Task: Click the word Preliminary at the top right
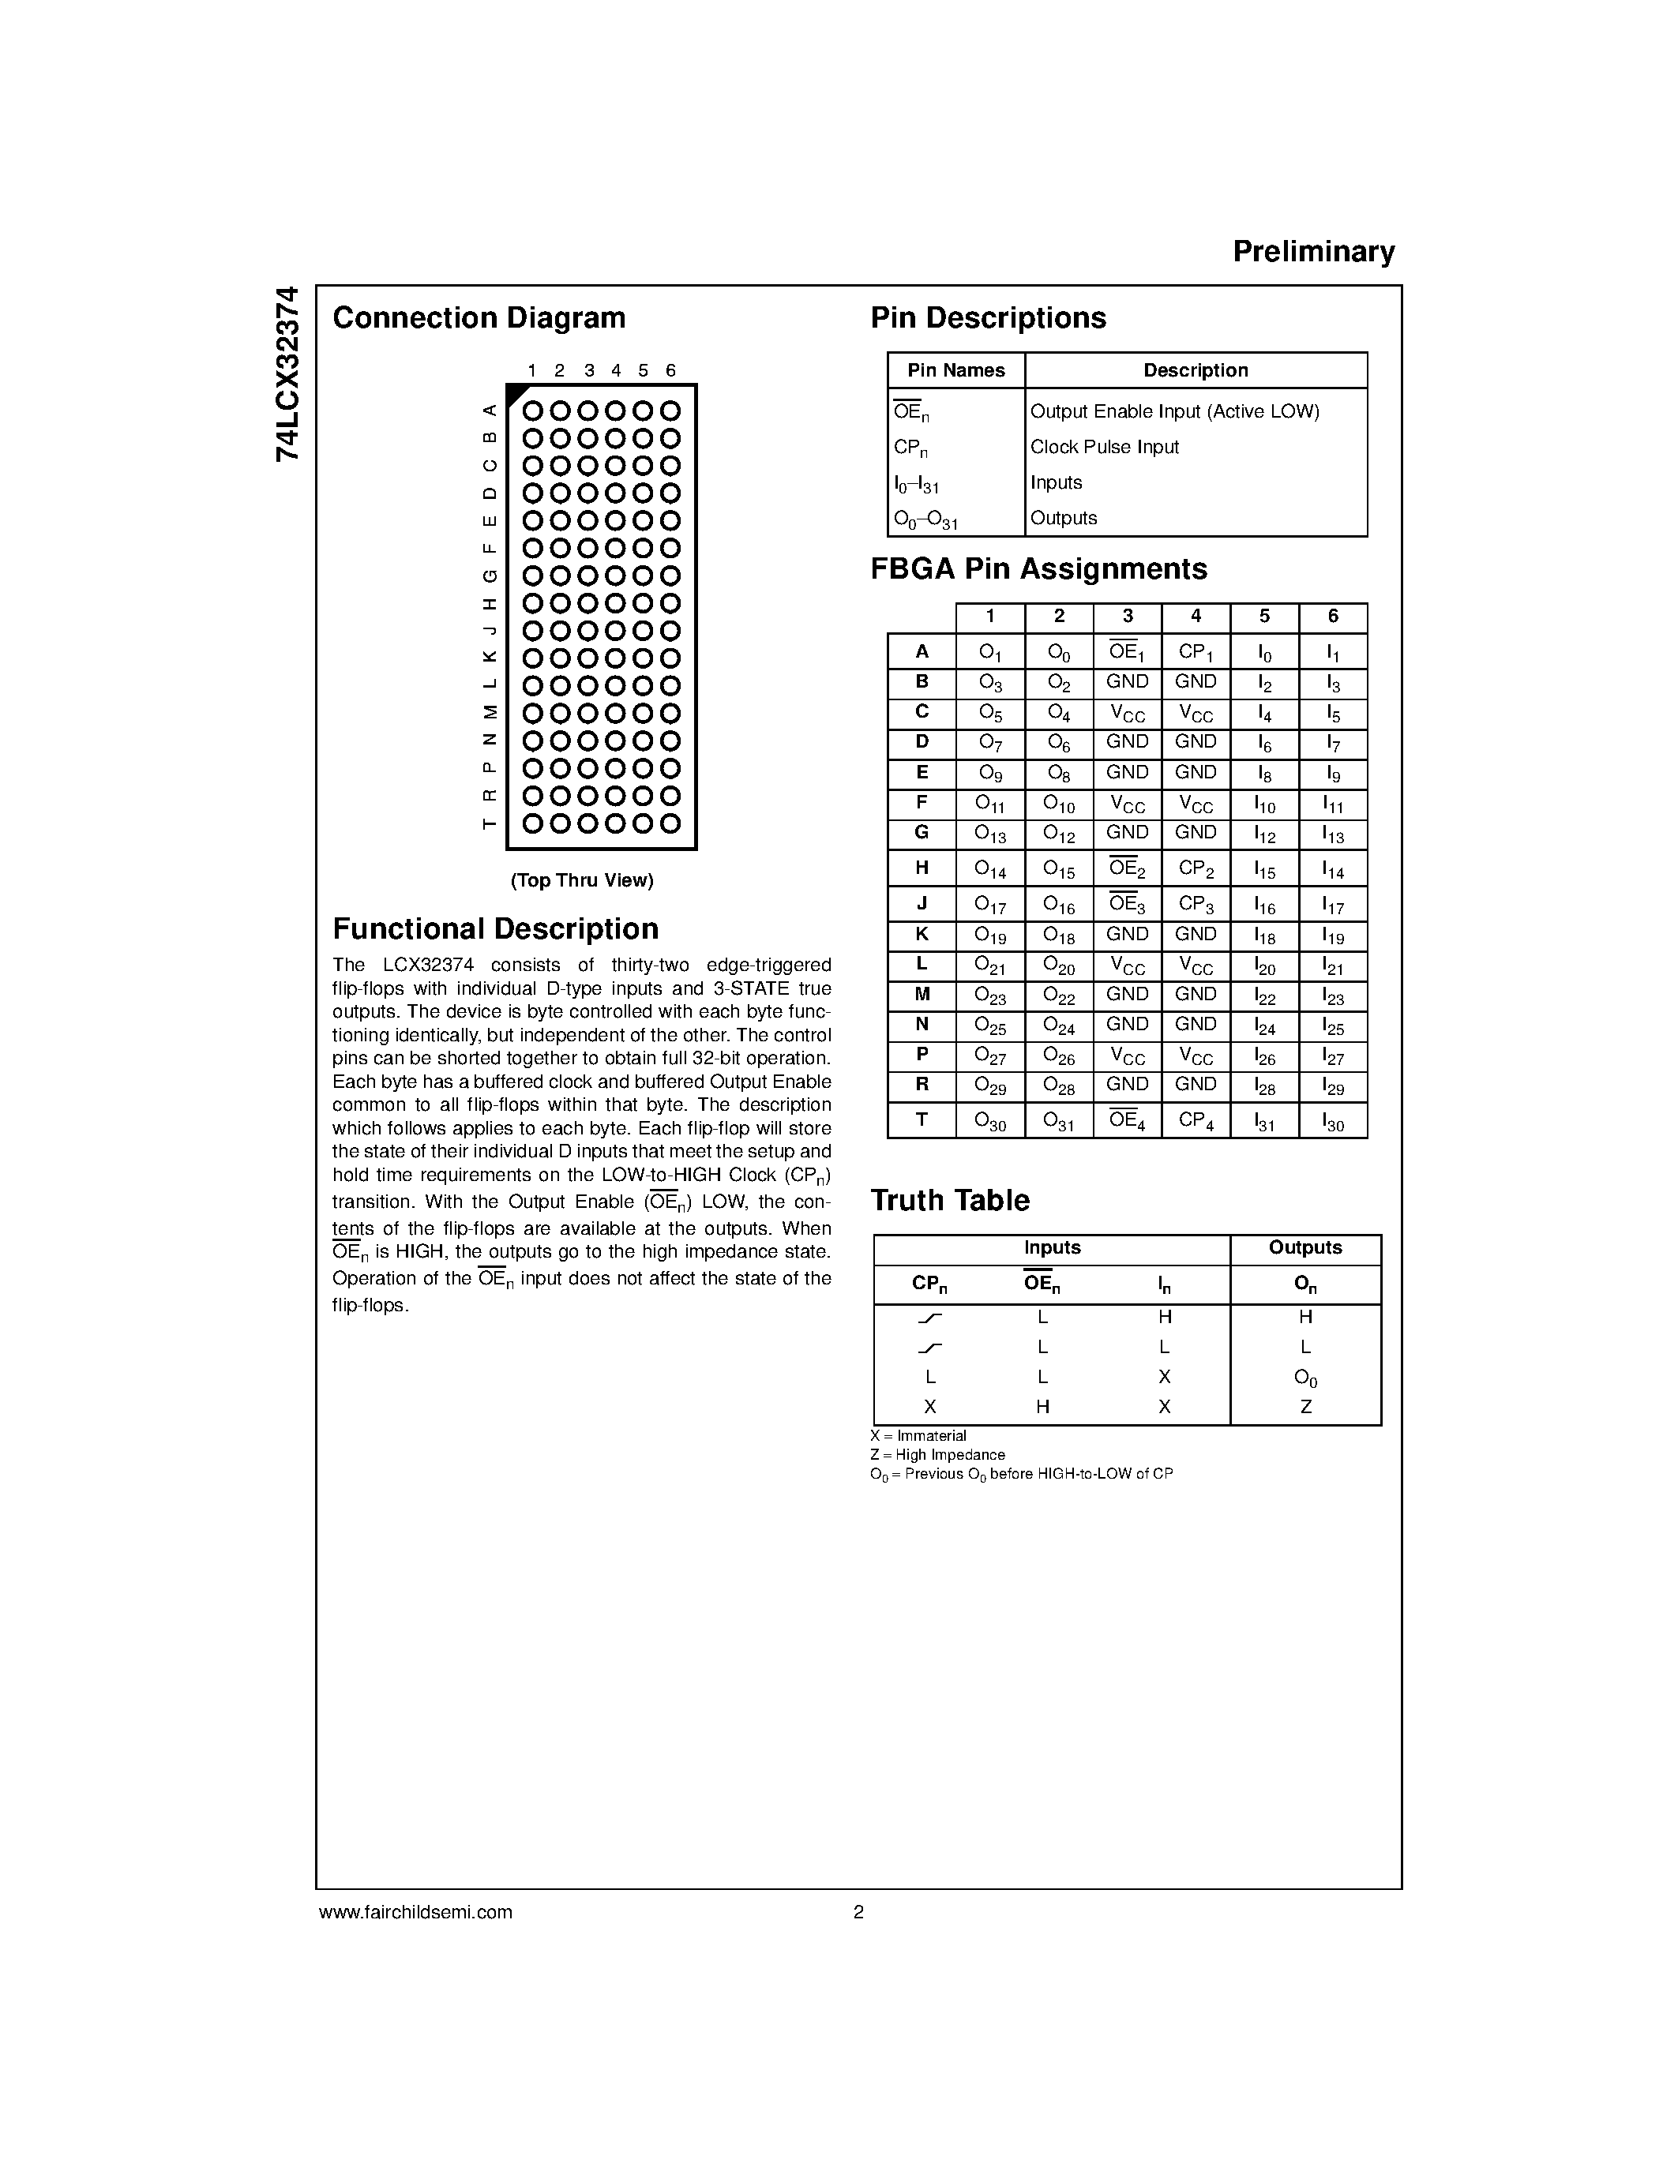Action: [x=1313, y=252]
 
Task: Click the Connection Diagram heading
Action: [x=479, y=318]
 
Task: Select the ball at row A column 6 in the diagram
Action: [x=671, y=411]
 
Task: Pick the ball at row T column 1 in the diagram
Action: [x=533, y=823]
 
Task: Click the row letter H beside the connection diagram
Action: [x=489, y=603]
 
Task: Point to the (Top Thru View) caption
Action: [x=581, y=881]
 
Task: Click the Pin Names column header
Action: [x=955, y=371]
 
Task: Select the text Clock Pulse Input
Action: [x=1103, y=448]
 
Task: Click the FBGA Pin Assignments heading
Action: [x=1039, y=568]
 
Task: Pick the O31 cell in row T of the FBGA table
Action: [x=1059, y=1120]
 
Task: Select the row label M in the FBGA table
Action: [x=922, y=995]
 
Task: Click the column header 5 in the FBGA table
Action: [x=1263, y=617]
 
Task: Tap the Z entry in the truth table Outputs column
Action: [x=1305, y=1407]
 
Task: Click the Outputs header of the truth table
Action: [x=1304, y=1247]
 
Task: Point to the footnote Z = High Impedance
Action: [x=937, y=1455]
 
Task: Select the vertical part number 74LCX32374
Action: [x=287, y=373]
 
